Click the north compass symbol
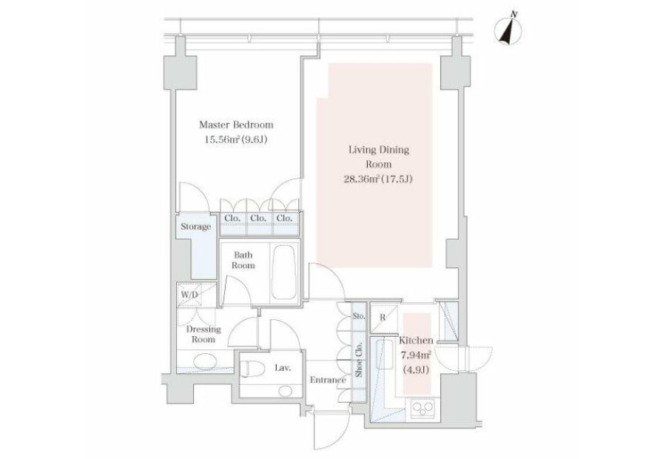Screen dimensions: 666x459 tap(508, 30)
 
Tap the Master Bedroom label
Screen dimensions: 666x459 tap(236, 125)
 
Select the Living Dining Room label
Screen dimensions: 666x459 tap(378, 156)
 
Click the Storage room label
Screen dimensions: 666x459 tap(196, 227)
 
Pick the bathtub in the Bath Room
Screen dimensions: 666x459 tap(284, 272)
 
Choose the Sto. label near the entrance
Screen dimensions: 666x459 tap(359, 316)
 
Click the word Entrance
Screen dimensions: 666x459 tap(328, 380)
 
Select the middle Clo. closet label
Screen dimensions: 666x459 tap(258, 218)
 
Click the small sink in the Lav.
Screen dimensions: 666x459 tap(286, 391)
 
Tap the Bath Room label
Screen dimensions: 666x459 tap(243, 260)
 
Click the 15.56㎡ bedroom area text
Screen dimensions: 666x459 tap(236, 139)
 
